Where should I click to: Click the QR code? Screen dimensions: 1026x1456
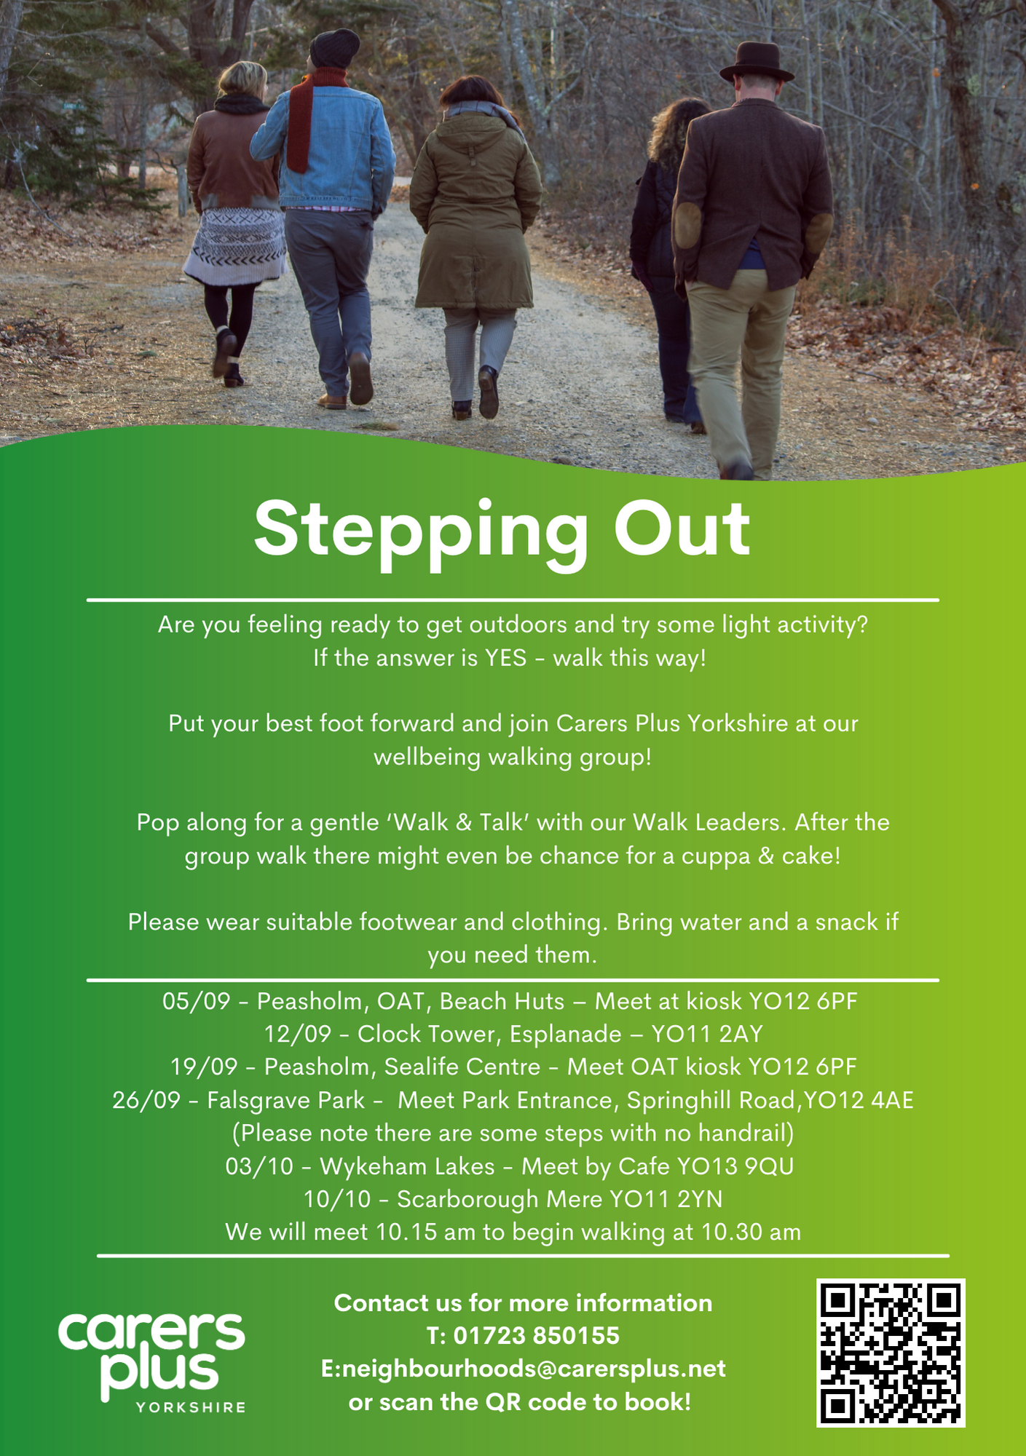click(891, 1353)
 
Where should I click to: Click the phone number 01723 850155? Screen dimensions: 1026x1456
click(537, 1336)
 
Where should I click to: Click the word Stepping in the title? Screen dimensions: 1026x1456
click(421, 530)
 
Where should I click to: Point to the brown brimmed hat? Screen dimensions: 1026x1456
click(757, 63)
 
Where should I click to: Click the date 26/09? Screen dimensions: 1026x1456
click(146, 1100)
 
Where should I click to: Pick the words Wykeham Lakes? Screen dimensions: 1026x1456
click(407, 1166)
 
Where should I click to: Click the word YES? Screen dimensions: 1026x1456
click(505, 658)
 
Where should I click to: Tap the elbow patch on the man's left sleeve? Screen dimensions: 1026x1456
click(687, 224)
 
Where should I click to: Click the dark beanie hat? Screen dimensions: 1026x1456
click(334, 49)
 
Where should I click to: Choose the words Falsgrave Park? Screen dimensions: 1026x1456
click(285, 1100)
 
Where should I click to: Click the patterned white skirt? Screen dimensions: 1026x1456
click(235, 246)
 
